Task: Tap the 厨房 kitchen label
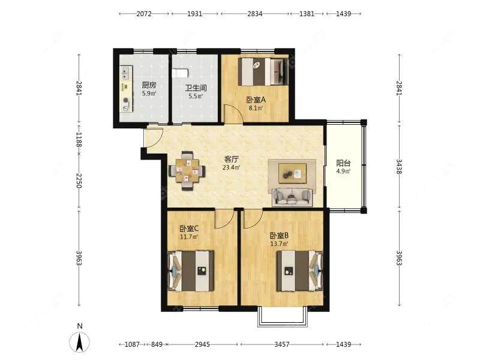pos(149,85)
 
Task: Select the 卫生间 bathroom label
pos(196,88)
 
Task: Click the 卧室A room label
pos(256,100)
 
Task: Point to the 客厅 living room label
pos(232,159)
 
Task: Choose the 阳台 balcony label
pos(343,163)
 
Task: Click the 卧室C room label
pos(189,229)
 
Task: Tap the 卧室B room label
pos(279,236)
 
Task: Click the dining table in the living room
pos(187,170)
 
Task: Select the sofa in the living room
pos(292,197)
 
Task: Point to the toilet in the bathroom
pos(180,73)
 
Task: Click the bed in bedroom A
pos(263,72)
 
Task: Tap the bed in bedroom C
pos(191,271)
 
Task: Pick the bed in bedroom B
pos(299,271)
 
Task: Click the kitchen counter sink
pos(125,73)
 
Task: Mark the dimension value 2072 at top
pos(144,14)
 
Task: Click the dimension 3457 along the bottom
pos(281,344)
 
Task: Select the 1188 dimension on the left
pos(79,139)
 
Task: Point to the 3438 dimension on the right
pos(399,167)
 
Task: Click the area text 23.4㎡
pos(232,167)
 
